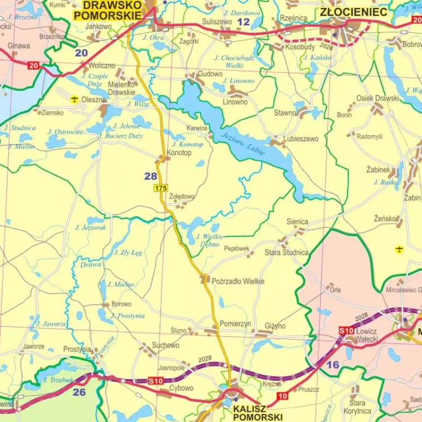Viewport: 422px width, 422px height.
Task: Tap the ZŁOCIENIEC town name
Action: (x=353, y=12)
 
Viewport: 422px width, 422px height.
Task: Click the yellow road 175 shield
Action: (x=161, y=188)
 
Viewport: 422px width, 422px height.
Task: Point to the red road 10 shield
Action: (x=282, y=396)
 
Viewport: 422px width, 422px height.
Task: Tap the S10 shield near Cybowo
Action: (x=155, y=381)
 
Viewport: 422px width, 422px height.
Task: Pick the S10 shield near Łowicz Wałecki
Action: (x=346, y=330)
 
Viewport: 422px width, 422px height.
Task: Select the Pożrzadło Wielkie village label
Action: (x=238, y=281)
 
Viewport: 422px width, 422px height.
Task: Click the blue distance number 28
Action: (x=151, y=176)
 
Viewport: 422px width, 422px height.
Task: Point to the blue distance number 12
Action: (x=243, y=22)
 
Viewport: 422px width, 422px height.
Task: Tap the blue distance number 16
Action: (x=333, y=365)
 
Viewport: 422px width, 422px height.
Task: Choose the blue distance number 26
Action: (x=79, y=392)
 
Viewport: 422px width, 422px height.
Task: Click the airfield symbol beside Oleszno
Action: (x=74, y=99)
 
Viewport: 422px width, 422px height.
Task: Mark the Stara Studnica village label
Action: (x=286, y=253)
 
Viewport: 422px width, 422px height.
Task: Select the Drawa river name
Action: (x=91, y=264)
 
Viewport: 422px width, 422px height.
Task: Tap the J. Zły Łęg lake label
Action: (x=128, y=253)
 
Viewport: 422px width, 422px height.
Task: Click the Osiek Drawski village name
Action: (x=378, y=98)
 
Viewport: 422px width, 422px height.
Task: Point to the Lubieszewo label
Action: (x=301, y=138)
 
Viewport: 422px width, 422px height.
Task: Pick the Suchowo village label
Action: (x=165, y=345)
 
